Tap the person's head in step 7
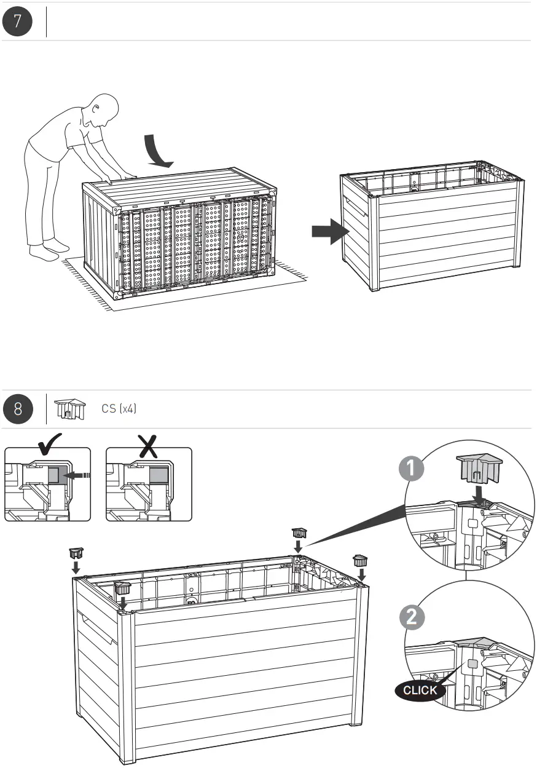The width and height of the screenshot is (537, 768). coord(103,110)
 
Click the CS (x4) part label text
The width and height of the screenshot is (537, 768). coord(119,409)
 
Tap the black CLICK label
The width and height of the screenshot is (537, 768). coord(420,690)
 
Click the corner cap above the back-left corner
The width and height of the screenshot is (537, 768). coord(77,553)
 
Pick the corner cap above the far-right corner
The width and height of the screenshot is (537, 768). coord(360,560)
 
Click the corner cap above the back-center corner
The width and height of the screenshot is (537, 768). coord(299,531)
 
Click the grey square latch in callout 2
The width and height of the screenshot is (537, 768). coord(472,664)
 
